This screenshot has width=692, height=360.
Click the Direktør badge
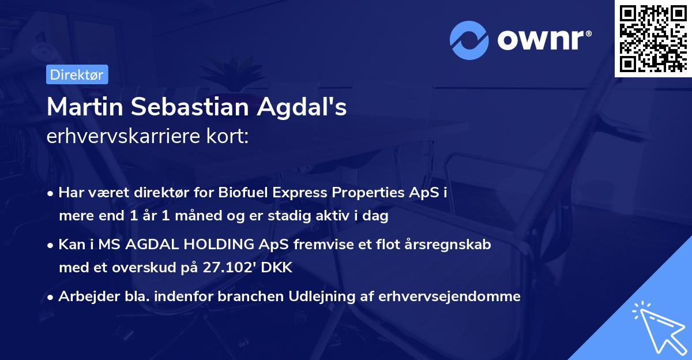pos(77,75)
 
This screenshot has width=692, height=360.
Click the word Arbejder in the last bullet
pos(83,297)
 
